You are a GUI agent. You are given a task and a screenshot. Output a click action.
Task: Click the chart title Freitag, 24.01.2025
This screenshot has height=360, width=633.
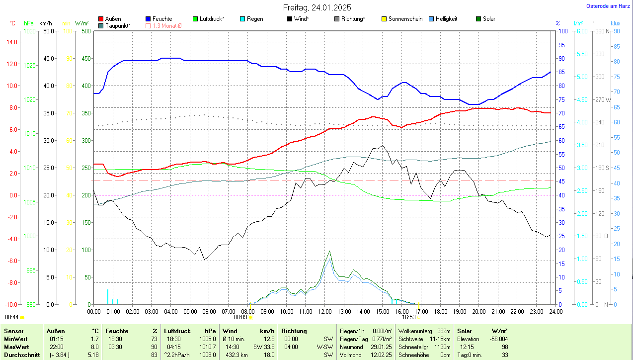tap(317, 7)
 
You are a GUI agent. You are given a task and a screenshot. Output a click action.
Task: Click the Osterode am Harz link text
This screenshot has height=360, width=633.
tap(608, 6)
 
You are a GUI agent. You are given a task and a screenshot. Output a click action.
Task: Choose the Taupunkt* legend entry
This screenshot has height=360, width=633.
tap(118, 25)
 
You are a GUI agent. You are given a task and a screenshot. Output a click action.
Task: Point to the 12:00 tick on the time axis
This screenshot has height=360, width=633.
tap(324, 312)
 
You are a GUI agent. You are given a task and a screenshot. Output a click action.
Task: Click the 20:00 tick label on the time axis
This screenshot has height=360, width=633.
tap(478, 312)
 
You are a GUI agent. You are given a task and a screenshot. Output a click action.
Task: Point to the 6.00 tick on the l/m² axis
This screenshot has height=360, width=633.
tap(580, 31)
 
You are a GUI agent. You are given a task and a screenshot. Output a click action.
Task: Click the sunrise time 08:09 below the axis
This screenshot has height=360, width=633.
tap(240, 317)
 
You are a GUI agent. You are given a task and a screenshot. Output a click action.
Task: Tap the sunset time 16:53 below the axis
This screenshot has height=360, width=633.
tap(408, 317)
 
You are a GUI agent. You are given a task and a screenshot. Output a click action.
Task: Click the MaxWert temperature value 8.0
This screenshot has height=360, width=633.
tap(94, 347)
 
